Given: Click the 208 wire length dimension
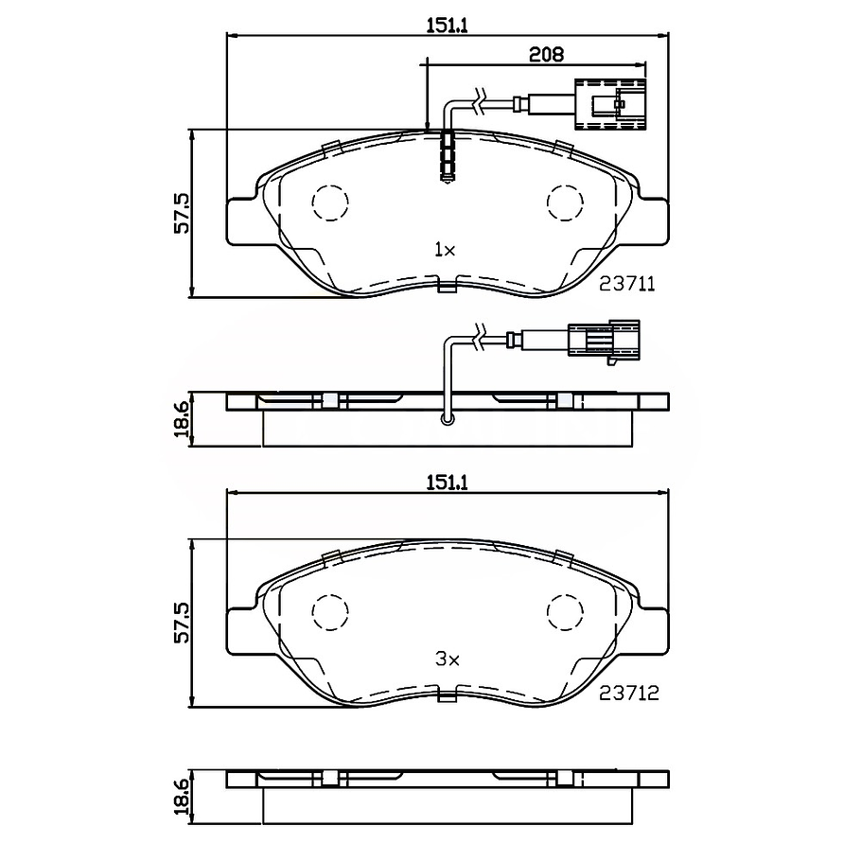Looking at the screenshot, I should (546, 55).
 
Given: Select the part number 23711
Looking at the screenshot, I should (627, 283).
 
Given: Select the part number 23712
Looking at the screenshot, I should (627, 694).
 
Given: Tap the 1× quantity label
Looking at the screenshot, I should (445, 250).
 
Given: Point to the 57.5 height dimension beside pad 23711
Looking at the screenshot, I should (183, 213).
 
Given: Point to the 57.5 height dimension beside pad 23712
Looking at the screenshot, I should (183, 623).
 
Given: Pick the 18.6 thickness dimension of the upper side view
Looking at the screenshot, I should (183, 417).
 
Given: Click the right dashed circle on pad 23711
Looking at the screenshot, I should (567, 202).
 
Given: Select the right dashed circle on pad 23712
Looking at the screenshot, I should (567, 611).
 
